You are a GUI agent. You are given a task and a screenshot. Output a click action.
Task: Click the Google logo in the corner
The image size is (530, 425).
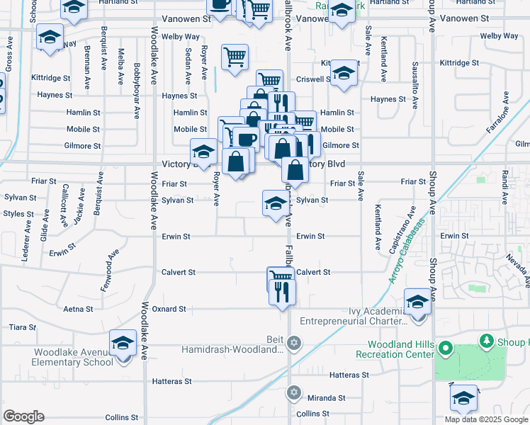pos(24,416)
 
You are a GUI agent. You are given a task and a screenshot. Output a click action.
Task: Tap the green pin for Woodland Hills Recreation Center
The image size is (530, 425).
pos(445,348)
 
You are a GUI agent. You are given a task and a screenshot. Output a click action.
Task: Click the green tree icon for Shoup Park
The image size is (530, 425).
pos(486,342)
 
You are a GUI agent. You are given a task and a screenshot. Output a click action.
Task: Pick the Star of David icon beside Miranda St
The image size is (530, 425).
pos(294,392)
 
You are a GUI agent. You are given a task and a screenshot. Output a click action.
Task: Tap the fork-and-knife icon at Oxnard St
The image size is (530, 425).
pos(283,291)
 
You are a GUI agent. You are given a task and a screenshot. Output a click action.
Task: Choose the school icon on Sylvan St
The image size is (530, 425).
pos(275,204)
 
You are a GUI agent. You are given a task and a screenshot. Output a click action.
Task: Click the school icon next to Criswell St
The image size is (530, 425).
pos(344,74)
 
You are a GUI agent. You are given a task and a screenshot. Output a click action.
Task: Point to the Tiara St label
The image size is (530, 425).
pos(17,327)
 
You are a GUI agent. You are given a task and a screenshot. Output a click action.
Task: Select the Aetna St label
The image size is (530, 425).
pos(78,309)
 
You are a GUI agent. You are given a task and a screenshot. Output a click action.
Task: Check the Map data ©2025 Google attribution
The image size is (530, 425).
pos(487,419)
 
